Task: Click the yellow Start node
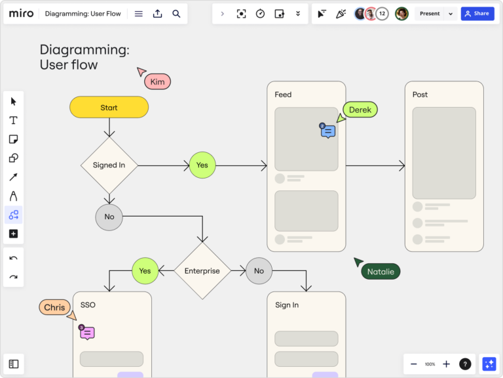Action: (109, 108)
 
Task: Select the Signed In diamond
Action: (109, 165)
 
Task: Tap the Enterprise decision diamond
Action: (202, 270)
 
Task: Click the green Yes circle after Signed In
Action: (202, 165)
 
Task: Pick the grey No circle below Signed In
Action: (109, 217)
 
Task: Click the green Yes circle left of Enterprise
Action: (145, 270)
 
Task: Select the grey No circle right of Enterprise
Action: (259, 270)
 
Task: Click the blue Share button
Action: (477, 14)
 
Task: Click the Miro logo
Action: (21, 14)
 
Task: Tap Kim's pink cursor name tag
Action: (157, 82)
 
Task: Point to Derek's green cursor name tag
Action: (360, 110)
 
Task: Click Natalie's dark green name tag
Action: (380, 272)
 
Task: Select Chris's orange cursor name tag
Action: (54, 307)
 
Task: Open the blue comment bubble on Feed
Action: (328, 132)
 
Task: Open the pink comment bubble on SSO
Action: (88, 333)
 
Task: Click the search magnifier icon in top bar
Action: (176, 14)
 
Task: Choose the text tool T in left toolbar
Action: (13, 120)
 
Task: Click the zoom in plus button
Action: (446, 364)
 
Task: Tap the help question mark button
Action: (464, 364)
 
